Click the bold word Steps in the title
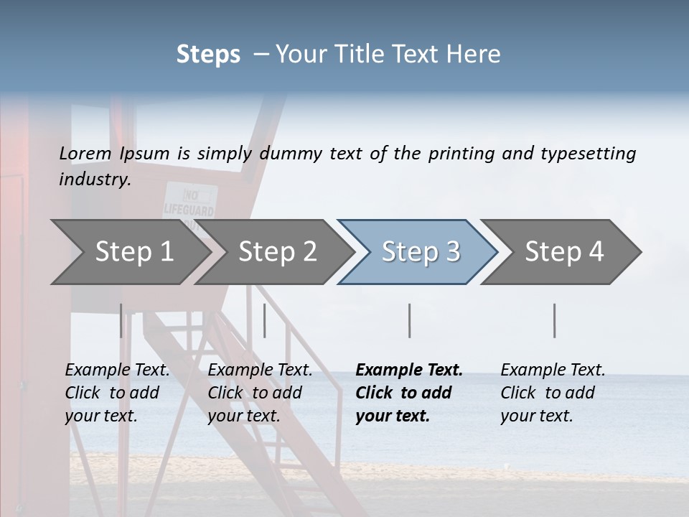pyautogui.click(x=208, y=54)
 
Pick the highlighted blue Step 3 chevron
pyautogui.click(x=421, y=251)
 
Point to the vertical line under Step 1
pyautogui.click(x=121, y=320)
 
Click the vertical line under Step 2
pyautogui.click(x=265, y=320)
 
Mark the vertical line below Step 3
pyautogui.click(x=410, y=320)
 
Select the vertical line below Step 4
pyautogui.click(x=555, y=320)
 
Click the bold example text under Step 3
pyautogui.click(x=409, y=393)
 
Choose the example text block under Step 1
pyautogui.click(x=117, y=393)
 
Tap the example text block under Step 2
pyautogui.click(x=260, y=393)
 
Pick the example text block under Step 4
pyautogui.click(x=553, y=393)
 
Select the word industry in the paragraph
pyautogui.click(x=94, y=179)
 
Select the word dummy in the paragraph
pyautogui.click(x=290, y=154)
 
